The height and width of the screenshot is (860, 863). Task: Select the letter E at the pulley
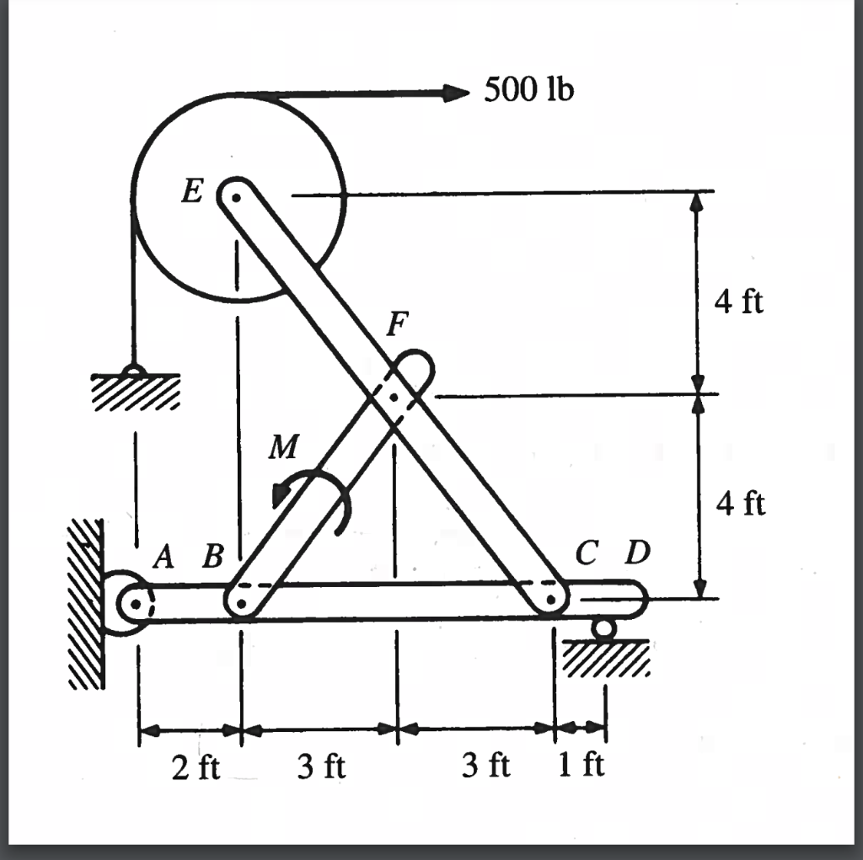tap(192, 193)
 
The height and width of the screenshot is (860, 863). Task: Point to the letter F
tap(398, 324)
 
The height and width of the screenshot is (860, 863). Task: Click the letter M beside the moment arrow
tap(282, 448)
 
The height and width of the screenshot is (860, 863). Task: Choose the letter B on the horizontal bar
tap(214, 557)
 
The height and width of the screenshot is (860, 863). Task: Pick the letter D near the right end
tap(637, 553)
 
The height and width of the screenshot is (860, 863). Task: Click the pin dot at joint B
tap(241, 603)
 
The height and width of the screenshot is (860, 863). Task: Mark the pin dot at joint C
tap(550, 600)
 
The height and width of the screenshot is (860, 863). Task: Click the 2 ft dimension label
tap(196, 767)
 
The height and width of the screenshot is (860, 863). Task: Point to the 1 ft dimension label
tap(582, 766)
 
